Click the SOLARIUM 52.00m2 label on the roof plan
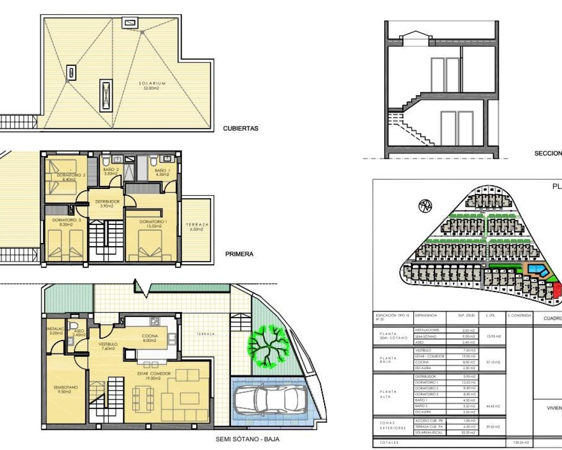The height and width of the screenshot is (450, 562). point(152,86)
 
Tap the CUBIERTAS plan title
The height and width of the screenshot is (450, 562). point(241,129)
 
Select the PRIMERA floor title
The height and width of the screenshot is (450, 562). point(239,254)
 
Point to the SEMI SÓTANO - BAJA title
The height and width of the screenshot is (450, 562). point(247,439)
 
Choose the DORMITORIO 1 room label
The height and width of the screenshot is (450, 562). point(153,224)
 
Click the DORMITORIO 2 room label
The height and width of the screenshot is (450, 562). point(71,177)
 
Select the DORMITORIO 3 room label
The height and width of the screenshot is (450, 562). point(66,222)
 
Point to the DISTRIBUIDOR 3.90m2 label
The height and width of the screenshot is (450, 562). point(107,203)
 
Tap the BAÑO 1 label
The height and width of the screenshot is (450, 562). point(162,172)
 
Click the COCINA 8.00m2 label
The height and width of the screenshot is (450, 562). point(150,338)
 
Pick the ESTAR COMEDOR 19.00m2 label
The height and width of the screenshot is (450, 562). point(154,376)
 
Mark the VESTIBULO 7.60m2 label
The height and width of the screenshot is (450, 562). point(108,346)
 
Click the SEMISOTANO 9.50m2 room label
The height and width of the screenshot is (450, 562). point(65,389)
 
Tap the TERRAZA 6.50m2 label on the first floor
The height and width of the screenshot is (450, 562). point(197,227)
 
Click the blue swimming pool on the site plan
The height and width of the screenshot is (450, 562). point(537,270)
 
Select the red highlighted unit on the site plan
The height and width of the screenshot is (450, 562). point(557,290)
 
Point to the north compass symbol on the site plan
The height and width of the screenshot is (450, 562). point(425,206)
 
